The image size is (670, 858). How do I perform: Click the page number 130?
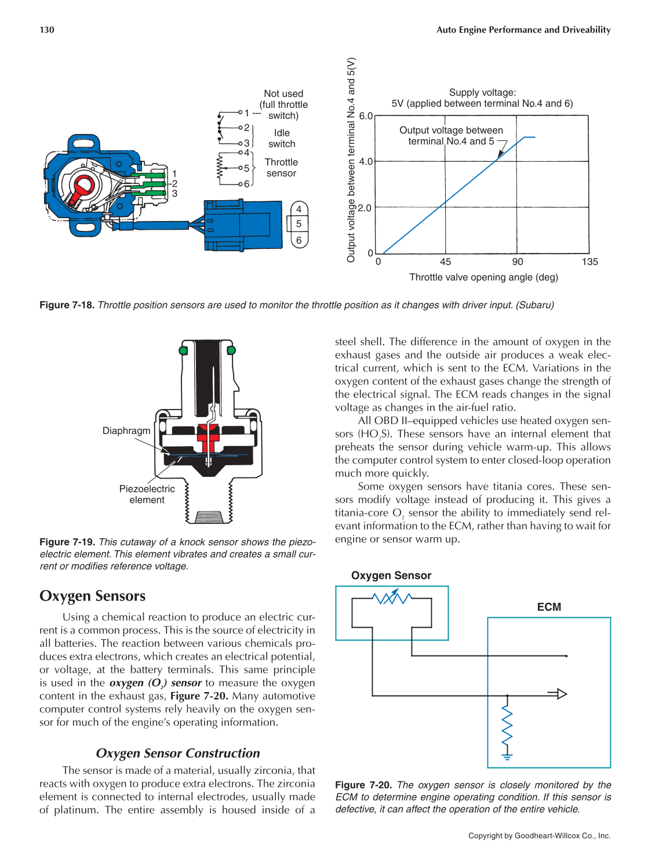pyautogui.click(x=47, y=30)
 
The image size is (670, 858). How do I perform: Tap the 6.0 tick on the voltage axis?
pyautogui.click(x=366, y=116)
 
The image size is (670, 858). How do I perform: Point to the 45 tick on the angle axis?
pyautogui.click(x=445, y=262)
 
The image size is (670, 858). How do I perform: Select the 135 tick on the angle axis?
pyautogui.click(x=589, y=262)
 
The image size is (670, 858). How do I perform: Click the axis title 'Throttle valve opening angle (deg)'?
pyautogui.click(x=483, y=277)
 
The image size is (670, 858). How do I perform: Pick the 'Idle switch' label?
pyautogui.click(x=282, y=138)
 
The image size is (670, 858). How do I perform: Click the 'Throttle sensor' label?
pyautogui.click(x=281, y=168)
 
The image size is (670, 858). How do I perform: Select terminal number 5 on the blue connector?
pyautogui.click(x=298, y=224)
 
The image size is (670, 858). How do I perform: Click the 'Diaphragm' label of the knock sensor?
pyautogui.click(x=126, y=430)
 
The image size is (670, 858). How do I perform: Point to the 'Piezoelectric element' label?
pyautogui.click(x=147, y=494)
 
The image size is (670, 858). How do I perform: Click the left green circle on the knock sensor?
pyautogui.click(x=184, y=350)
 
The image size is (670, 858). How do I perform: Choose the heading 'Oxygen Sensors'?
pyautogui.click(x=93, y=596)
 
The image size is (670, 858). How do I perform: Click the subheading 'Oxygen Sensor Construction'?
pyautogui.click(x=178, y=753)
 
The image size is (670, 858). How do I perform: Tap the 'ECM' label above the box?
pyautogui.click(x=549, y=607)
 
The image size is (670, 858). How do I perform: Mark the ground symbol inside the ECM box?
pyautogui.click(x=507, y=756)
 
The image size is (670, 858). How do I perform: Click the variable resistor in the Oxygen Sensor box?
pyautogui.click(x=392, y=598)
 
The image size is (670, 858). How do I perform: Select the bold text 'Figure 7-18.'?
pyautogui.click(x=67, y=305)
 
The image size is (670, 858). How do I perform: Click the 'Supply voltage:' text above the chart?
pyautogui.click(x=482, y=92)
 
